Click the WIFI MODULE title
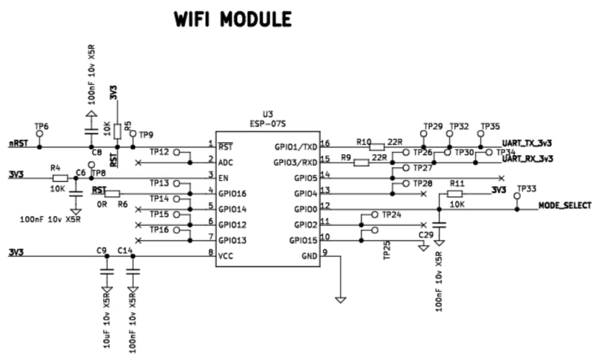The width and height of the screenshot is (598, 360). click(x=233, y=19)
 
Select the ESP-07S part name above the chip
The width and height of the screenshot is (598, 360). click(x=268, y=124)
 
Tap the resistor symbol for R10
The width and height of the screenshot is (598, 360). click(x=377, y=147)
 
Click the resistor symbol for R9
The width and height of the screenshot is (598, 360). click(x=361, y=163)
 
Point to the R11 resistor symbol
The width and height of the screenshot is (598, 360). click(x=455, y=194)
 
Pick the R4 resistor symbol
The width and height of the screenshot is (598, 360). click(x=60, y=178)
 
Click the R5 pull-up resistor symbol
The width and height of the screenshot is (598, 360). click(x=117, y=131)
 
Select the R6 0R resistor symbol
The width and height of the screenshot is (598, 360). click(x=112, y=194)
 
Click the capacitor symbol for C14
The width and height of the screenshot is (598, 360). click(x=133, y=272)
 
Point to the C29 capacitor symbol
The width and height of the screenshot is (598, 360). click(x=439, y=225)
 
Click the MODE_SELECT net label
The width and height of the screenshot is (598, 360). click(x=565, y=206)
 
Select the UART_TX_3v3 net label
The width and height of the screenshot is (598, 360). click(x=527, y=143)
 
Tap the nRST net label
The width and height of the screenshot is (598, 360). click(x=18, y=144)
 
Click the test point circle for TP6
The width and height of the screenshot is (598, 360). click(x=39, y=134)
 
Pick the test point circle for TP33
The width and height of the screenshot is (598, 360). click(x=517, y=196)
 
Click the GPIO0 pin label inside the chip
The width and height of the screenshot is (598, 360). click(x=306, y=209)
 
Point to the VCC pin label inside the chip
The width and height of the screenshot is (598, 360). click(x=226, y=256)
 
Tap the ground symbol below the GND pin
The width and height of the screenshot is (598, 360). click(x=340, y=299)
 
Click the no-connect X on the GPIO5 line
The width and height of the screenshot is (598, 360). click(x=502, y=178)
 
